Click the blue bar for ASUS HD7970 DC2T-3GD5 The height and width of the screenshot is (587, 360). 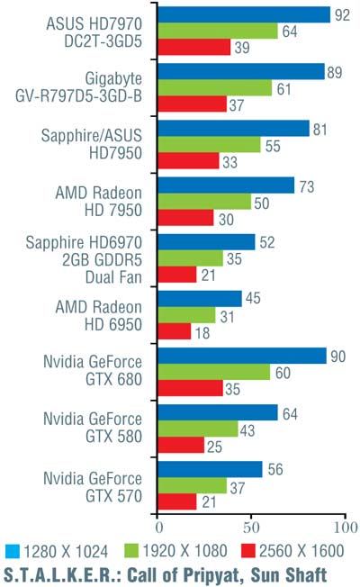[x=244, y=14]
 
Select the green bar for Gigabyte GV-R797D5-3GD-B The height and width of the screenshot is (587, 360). [x=215, y=88]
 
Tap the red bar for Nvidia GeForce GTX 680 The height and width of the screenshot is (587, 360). [x=191, y=388]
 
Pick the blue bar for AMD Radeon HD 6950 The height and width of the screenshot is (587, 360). [x=200, y=299]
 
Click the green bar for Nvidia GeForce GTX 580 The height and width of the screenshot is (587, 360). [x=198, y=429]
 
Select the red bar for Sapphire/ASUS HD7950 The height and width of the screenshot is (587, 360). [x=188, y=161]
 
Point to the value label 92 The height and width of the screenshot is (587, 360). [x=342, y=15]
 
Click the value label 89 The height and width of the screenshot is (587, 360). [x=335, y=72]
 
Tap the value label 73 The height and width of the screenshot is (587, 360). [x=307, y=186]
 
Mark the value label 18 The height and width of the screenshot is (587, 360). [x=202, y=333]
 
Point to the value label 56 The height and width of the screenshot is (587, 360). [x=275, y=469]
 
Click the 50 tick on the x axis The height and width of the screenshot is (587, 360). [x=251, y=528]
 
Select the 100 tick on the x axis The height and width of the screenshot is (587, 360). [x=346, y=528]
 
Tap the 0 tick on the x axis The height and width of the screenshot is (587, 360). [x=159, y=528]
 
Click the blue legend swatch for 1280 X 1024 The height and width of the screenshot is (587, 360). [x=13, y=551]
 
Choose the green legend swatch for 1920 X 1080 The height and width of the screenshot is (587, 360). [x=131, y=551]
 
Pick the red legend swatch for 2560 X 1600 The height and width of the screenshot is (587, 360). [x=248, y=551]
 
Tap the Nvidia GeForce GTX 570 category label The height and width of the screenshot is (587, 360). [x=93, y=487]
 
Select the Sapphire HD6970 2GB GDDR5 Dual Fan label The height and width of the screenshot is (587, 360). [x=85, y=260]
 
